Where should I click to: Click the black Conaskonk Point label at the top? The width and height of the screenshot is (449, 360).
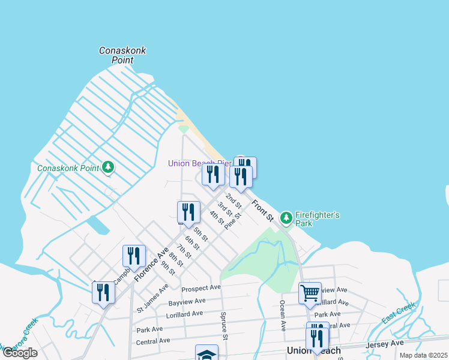pyautogui.click(x=122, y=56)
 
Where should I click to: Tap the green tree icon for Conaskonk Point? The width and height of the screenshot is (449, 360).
pyautogui.click(x=108, y=167)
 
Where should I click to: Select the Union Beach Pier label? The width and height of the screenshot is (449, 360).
pyautogui.click(x=199, y=163)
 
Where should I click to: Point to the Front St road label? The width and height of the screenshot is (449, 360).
pyautogui.click(x=262, y=210)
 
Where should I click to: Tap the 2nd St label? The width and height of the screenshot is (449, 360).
pyautogui.click(x=233, y=200)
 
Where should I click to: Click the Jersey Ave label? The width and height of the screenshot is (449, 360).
pyautogui.click(x=390, y=343)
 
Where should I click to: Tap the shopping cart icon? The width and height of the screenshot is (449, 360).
pyautogui.click(x=310, y=293)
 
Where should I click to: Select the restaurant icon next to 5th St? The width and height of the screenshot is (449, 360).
pyautogui.click(x=188, y=212)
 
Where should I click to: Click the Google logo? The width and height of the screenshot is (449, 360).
pyautogui.click(x=19, y=353)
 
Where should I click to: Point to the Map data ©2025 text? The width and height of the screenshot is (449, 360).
pyautogui.click(x=423, y=355)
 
